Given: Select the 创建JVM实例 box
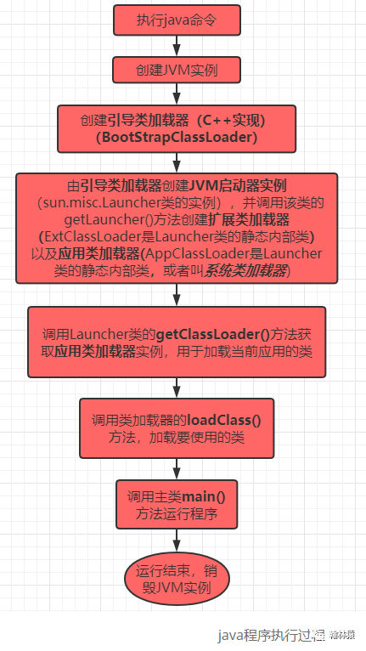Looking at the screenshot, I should click(x=177, y=70).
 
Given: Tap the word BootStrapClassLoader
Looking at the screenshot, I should click(x=177, y=136).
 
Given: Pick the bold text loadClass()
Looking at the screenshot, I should click(x=228, y=420).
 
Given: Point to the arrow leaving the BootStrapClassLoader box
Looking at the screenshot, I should click(x=177, y=161).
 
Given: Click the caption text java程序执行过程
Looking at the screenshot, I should click(x=266, y=633).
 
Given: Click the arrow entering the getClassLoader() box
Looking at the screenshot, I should click(x=177, y=295).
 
